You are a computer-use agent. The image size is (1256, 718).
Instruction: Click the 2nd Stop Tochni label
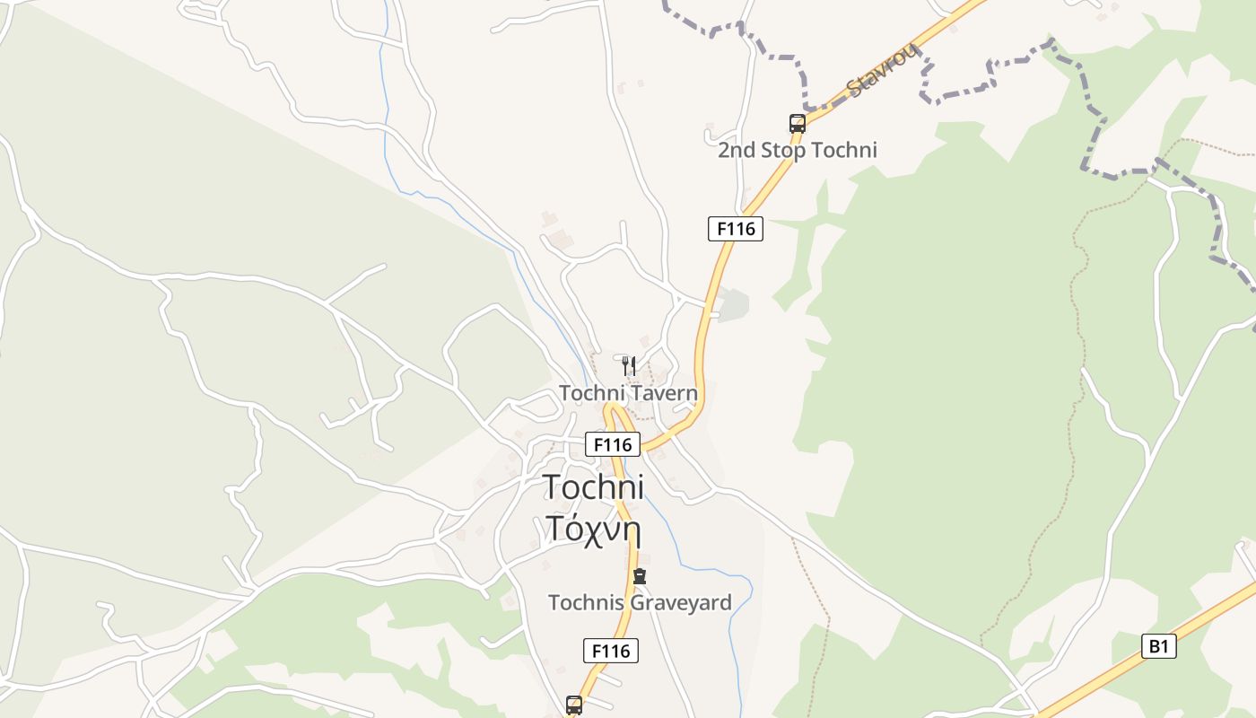point(797,150)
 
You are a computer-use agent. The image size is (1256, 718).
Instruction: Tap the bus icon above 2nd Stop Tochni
point(797,124)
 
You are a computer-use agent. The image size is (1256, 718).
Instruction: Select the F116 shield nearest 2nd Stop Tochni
point(736,229)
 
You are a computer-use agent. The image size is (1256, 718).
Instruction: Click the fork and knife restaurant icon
point(629,365)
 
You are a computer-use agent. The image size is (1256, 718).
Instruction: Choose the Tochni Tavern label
point(628,393)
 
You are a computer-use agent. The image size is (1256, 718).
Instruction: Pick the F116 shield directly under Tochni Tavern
point(613,444)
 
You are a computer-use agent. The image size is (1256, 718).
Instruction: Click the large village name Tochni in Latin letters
point(594,486)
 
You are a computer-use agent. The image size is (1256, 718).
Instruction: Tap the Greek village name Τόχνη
point(594,529)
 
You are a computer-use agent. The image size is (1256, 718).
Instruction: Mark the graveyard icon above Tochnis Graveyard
point(640,576)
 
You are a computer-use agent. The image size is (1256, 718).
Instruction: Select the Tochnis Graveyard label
point(640,602)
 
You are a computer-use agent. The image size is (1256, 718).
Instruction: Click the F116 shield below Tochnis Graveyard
point(611,651)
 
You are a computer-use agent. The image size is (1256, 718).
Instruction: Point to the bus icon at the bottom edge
point(574,705)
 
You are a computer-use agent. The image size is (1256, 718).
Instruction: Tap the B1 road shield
point(1158,645)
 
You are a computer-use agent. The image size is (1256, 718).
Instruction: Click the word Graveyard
point(681,602)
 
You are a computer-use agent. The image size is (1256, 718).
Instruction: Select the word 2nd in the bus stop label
point(737,150)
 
